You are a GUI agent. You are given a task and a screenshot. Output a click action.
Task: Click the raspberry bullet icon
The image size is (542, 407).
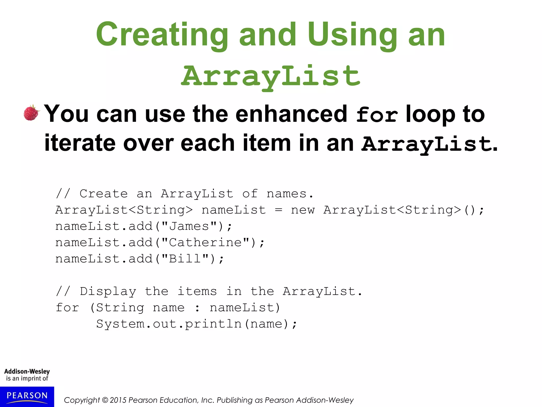click(31, 113)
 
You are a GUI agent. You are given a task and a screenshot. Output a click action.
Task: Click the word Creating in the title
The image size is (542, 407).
click(162, 35)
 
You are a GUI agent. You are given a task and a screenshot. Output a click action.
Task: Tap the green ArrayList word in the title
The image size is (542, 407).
click(270, 76)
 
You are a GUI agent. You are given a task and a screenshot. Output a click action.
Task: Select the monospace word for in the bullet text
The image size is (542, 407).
click(377, 114)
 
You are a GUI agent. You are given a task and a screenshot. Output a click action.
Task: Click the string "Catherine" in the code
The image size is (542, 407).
click(205, 243)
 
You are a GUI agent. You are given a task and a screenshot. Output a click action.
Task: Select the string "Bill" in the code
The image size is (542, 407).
click(185, 259)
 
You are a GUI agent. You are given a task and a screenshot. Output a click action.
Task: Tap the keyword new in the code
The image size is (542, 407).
click(303, 210)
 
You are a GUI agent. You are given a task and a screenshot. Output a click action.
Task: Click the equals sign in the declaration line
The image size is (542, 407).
click(278, 210)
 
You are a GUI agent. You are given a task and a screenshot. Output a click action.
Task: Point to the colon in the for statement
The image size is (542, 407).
click(197, 308)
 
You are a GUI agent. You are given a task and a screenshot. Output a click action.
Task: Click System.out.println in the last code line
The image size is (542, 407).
click(169, 324)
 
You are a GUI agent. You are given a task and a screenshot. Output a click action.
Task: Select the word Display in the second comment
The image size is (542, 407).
click(108, 291)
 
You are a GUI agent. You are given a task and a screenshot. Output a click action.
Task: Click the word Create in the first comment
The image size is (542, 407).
click(104, 194)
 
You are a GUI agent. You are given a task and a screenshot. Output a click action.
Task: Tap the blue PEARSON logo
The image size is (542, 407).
click(27, 396)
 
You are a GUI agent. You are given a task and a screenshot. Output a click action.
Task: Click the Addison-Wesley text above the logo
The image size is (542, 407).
click(27, 371)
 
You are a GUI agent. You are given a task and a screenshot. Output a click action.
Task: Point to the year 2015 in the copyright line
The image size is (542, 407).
click(118, 400)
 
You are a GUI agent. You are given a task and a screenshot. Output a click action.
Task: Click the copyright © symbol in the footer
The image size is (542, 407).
click(105, 400)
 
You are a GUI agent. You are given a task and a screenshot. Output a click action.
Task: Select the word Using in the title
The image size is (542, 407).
click(352, 35)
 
